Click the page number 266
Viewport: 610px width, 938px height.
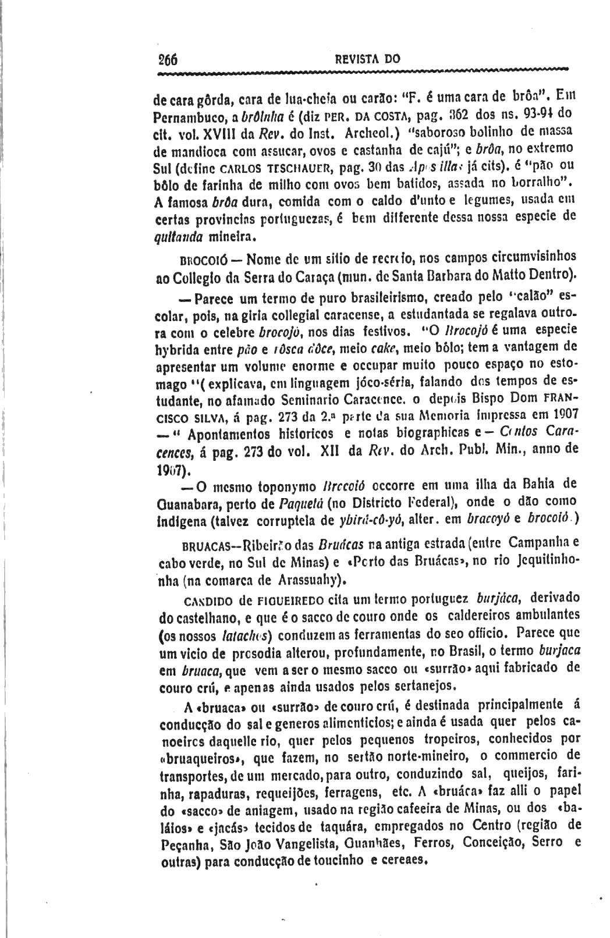[168, 59]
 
